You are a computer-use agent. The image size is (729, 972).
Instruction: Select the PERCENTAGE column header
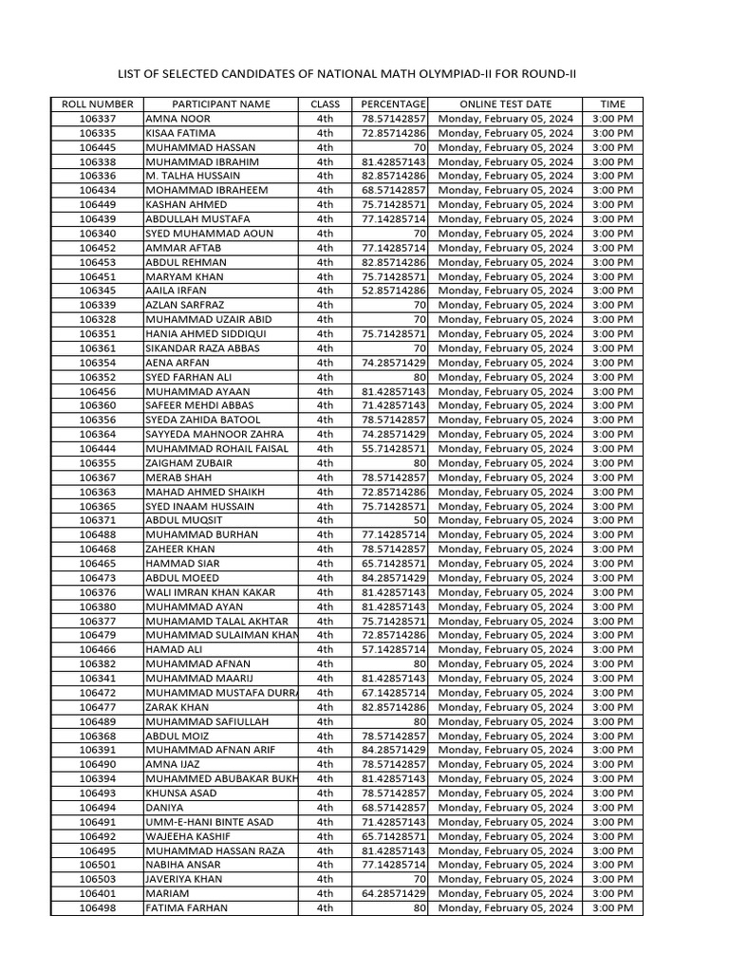[x=390, y=104]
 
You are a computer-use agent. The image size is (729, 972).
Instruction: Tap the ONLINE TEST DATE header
[x=505, y=104]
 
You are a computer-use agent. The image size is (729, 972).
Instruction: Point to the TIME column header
[x=612, y=104]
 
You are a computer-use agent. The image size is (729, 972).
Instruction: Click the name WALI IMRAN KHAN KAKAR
[x=210, y=592]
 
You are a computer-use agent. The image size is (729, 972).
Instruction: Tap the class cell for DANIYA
[x=326, y=808]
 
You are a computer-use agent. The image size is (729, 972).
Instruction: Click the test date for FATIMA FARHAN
[x=505, y=908]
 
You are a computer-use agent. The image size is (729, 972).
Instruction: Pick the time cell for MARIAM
[x=612, y=893]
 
